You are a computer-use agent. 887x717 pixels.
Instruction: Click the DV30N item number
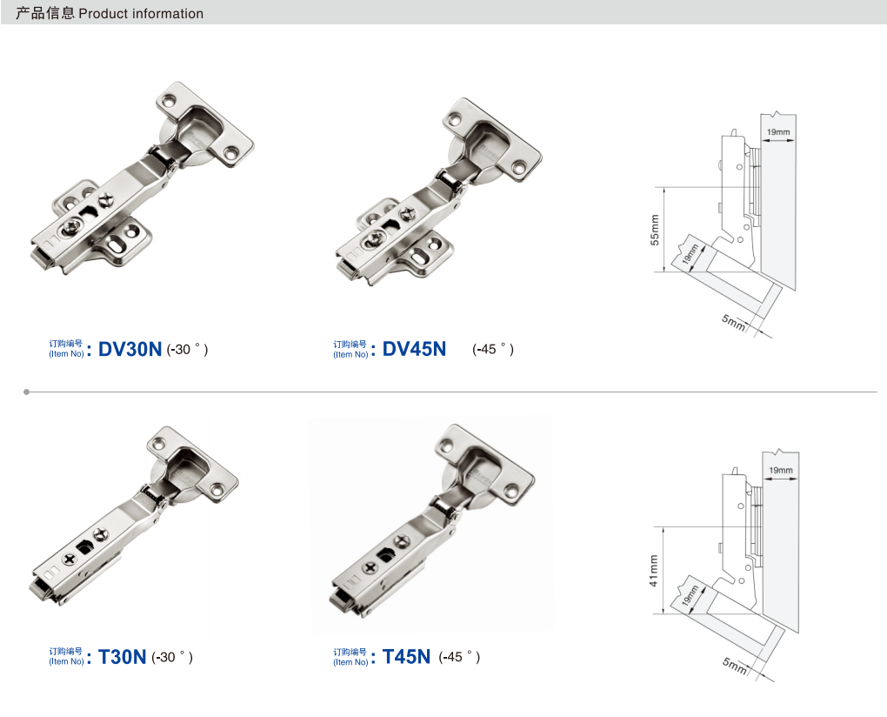130,349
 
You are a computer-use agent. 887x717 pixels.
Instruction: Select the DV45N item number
414,349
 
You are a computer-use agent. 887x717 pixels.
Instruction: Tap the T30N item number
123,657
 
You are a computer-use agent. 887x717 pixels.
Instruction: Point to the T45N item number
406,656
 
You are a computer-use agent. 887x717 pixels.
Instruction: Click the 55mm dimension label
655,230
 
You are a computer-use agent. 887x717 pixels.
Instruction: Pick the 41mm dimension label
653,571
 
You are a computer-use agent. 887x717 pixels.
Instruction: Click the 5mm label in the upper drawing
734,322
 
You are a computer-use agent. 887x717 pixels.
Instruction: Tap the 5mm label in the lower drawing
735,666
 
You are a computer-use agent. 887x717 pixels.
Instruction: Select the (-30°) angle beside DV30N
187,350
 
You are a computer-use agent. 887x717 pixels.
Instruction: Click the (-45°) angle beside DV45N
493,350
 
